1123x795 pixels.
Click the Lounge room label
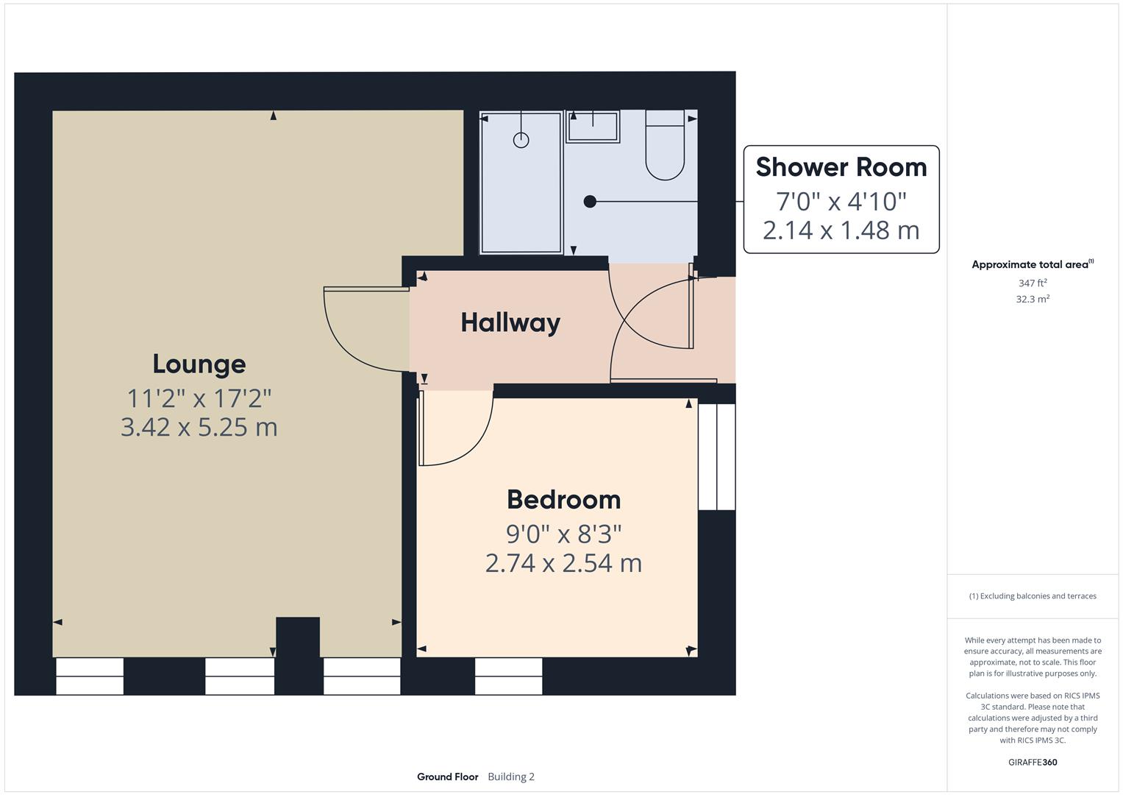[x=199, y=364]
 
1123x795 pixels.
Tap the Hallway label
[x=510, y=322]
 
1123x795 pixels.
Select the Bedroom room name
[x=563, y=500]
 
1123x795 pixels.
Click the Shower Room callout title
[x=841, y=167]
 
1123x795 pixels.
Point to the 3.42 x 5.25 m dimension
[x=199, y=427]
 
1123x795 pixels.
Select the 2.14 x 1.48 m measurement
[x=841, y=230]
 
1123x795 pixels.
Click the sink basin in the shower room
[x=593, y=127]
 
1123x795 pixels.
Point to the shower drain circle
[x=521, y=140]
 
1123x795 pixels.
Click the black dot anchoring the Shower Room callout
[x=590, y=201]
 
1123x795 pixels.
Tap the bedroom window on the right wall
[x=716, y=456]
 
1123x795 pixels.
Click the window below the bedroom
[x=508, y=676]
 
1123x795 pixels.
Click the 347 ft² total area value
[x=1032, y=283]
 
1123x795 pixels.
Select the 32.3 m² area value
[x=1032, y=299]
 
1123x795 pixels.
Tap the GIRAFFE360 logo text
[x=1032, y=762]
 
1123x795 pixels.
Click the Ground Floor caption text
[x=447, y=777]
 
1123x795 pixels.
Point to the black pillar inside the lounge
[x=297, y=636]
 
